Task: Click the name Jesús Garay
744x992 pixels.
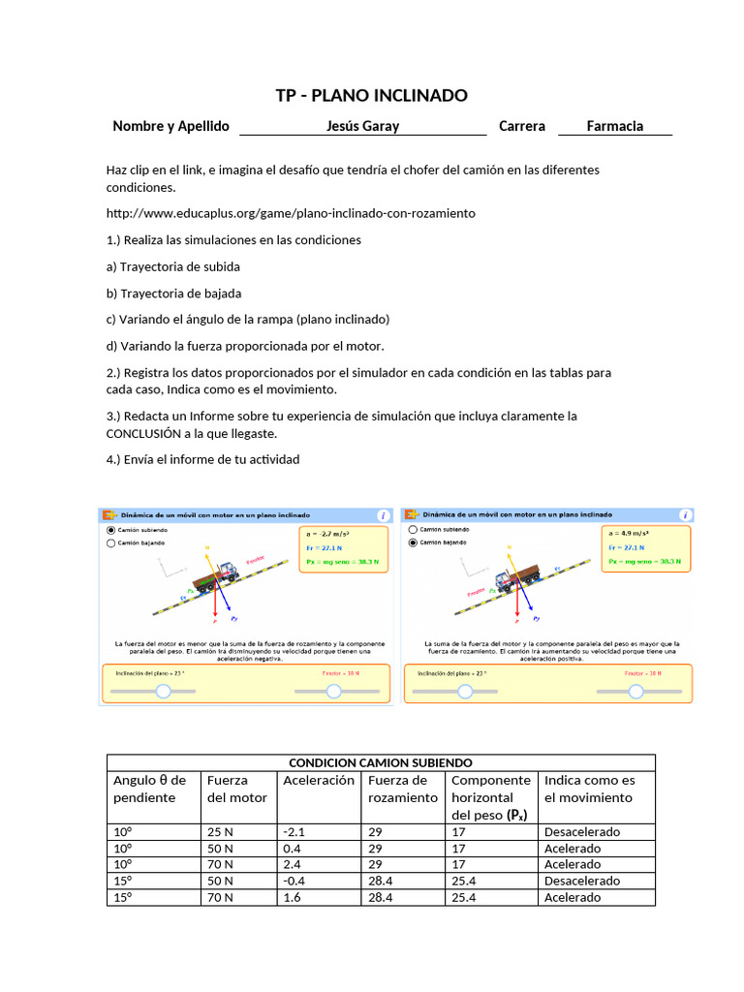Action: (362, 126)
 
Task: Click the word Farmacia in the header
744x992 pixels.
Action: (615, 126)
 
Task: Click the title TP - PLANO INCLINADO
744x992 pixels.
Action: (372, 95)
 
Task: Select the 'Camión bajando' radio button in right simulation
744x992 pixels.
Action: (415, 542)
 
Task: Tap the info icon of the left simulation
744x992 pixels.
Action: (383, 515)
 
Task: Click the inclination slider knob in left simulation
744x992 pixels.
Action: (163, 691)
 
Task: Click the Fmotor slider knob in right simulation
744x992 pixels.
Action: (635, 691)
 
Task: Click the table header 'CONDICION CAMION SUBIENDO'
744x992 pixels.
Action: (381, 762)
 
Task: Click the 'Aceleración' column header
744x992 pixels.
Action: (318, 780)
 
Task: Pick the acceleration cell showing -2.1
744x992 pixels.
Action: (294, 832)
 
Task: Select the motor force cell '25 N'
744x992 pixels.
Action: (220, 832)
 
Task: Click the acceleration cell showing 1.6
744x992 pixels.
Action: (292, 897)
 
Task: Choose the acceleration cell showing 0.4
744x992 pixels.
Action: (292, 849)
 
